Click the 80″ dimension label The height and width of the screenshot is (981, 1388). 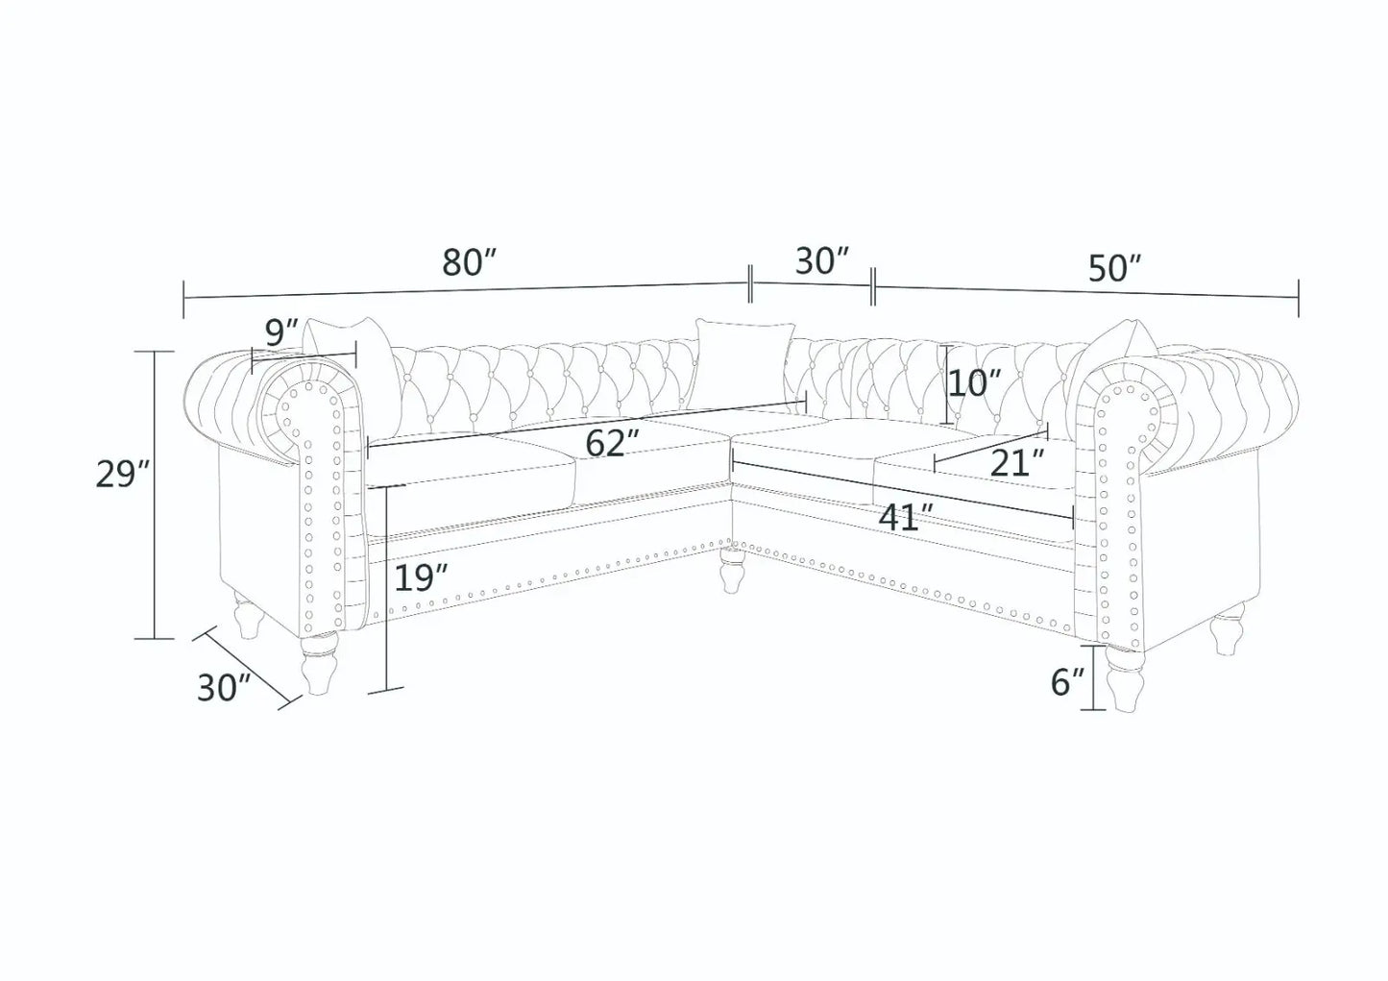pos(470,262)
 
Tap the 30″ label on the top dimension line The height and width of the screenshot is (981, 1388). pos(821,261)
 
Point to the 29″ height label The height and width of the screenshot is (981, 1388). pos(123,476)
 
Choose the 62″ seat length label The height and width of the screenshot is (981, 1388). pos(613,444)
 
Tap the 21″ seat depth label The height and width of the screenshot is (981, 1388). pos(1017,464)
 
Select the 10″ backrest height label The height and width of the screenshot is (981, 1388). pos(975,384)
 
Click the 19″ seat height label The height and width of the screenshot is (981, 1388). pos(422,578)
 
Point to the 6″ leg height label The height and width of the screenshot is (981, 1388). pos(1066,683)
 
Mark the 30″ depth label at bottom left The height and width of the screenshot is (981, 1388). pos(224,687)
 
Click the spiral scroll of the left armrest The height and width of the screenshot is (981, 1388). pos(300,412)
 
